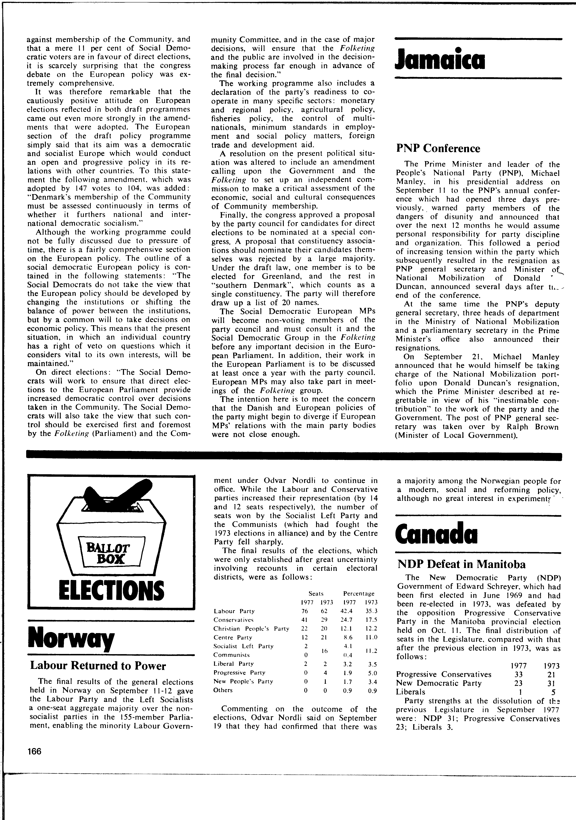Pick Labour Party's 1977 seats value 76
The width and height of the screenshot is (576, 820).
coord(305,611)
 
